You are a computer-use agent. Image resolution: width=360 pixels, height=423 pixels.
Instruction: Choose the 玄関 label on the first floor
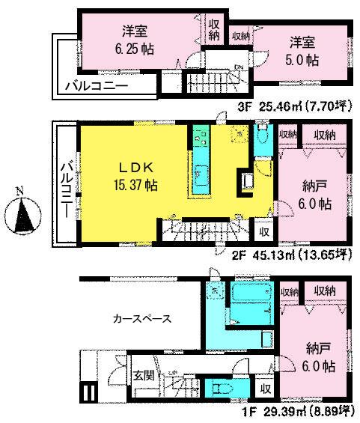point(144,376)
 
